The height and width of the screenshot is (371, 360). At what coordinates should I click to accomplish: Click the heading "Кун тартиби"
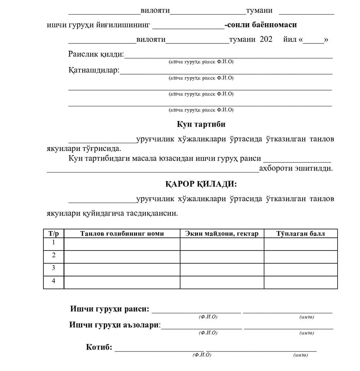pyautogui.click(x=201, y=124)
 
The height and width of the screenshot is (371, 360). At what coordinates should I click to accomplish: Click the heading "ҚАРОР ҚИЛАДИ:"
pyautogui.click(x=201, y=184)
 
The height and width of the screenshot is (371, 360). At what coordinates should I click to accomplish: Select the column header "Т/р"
pyautogui.click(x=54, y=233)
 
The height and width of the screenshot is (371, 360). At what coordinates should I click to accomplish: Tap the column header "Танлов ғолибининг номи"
pyautogui.click(x=122, y=233)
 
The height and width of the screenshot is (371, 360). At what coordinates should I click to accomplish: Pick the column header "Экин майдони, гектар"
pyautogui.click(x=222, y=233)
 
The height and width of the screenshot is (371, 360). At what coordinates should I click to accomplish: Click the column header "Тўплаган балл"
pyautogui.click(x=300, y=233)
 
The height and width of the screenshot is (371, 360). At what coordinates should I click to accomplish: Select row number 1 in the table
pyautogui.click(x=54, y=243)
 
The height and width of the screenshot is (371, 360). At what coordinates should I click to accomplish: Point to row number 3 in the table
pyautogui.click(x=54, y=268)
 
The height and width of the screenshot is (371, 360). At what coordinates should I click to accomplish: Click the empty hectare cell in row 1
pyautogui.click(x=222, y=244)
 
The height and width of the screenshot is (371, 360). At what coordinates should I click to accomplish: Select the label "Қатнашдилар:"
pyautogui.click(x=94, y=70)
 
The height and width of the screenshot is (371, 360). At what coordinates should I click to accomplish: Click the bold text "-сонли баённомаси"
pyautogui.click(x=261, y=25)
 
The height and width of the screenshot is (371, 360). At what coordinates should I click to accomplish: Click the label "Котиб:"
pyautogui.click(x=99, y=347)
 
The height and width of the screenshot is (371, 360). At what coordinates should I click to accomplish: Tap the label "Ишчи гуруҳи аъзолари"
pyautogui.click(x=115, y=325)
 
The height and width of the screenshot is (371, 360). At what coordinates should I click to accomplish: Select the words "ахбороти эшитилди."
pyautogui.click(x=296, y=168)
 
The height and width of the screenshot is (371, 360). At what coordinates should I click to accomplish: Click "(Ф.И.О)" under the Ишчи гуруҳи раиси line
pyautogui.click(x=208, y=317)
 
